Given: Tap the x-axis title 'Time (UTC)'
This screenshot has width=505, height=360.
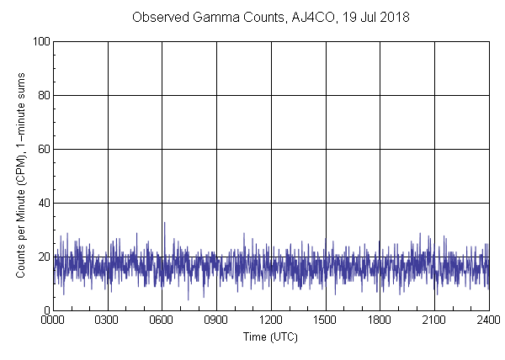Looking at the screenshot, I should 271,336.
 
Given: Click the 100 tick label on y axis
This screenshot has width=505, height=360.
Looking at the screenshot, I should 40,41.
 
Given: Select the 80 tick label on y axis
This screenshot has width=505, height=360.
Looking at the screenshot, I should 42,95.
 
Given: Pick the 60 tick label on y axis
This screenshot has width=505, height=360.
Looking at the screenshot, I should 42,149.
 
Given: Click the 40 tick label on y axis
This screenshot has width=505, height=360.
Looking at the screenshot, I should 42,203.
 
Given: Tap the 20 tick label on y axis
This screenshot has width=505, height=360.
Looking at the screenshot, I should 42,257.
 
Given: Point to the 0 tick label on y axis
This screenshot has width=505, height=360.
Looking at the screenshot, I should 45,310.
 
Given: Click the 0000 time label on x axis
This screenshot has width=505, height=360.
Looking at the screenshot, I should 53,320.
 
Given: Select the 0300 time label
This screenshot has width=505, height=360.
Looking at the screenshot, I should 108,320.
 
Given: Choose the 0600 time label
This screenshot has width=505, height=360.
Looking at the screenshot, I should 162,320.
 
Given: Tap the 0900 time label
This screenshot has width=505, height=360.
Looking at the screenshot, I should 216,320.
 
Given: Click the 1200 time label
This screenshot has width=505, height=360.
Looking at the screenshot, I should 271,320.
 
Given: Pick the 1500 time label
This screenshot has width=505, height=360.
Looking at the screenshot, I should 326,320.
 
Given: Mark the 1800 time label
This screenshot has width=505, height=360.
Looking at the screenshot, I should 380,320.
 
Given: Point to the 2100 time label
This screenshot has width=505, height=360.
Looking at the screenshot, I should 434,320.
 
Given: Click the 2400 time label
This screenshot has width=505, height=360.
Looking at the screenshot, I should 488,320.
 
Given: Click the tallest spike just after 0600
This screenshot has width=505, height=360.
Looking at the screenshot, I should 164,223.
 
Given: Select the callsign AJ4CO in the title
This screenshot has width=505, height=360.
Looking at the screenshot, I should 319,17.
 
